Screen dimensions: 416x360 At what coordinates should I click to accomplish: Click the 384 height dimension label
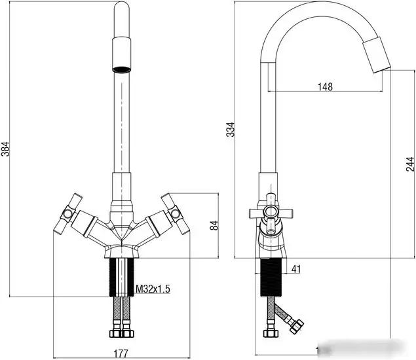pyautogui.click(x=6, y=149)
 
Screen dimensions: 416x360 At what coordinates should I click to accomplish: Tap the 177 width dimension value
pyautogui.click(x=121, y=353)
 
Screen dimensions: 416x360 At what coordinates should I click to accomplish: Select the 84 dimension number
pyautogui.click(x=214, y=225)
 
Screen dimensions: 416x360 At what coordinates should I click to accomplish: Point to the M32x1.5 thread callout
pyautogui.click(x=153, y=289)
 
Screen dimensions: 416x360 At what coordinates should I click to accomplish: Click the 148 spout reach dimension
pyautogui.click(x=325, y=86)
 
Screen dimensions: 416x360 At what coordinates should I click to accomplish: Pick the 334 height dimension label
pyautogui.click(x=231, y=130)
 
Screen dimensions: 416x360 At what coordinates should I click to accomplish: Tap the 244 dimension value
pyautogui.click(x=410, y=164)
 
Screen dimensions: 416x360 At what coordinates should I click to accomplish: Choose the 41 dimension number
pyautogui.click(x=296, y=269)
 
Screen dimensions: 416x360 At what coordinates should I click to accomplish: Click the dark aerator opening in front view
pyautogui.click(x=122, y=69)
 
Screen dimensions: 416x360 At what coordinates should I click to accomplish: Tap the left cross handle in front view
pyautogui.click(x=68, y=213)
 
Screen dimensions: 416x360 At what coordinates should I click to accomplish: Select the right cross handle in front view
pyautogui.click(x=176, y=213)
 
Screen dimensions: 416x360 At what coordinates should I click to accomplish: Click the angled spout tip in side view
pyautogui.click(x=377, y=55)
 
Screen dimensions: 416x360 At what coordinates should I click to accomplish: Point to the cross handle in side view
pyautogui.click(x=271, y=212)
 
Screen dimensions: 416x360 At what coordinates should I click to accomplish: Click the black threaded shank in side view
pyautogui.click(x=271, y=278)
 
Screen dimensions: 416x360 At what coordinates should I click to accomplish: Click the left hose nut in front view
pyautogui.click(x=116, y=333)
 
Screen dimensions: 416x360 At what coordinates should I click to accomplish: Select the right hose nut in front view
pyautogui.click(x=128, y=333)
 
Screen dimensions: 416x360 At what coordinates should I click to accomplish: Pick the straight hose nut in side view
pyautogui.click(x=271, y=333)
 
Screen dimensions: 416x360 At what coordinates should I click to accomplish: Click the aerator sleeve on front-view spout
pyautogui.click(x=122, y=54)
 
